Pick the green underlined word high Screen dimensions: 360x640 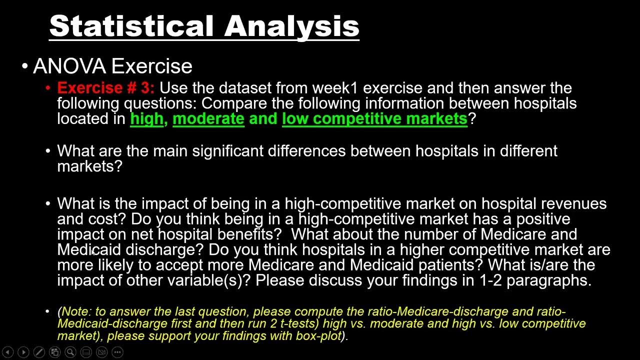click(146, 118)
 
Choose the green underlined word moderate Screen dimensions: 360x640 click(208, 118)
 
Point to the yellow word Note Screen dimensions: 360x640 click(75, 311)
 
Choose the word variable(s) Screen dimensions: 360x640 click(208, 280)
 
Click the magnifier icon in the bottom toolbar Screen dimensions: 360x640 click(70, 352)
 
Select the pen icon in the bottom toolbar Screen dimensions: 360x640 click(39, 352)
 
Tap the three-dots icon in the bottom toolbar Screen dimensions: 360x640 click(117, 352)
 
